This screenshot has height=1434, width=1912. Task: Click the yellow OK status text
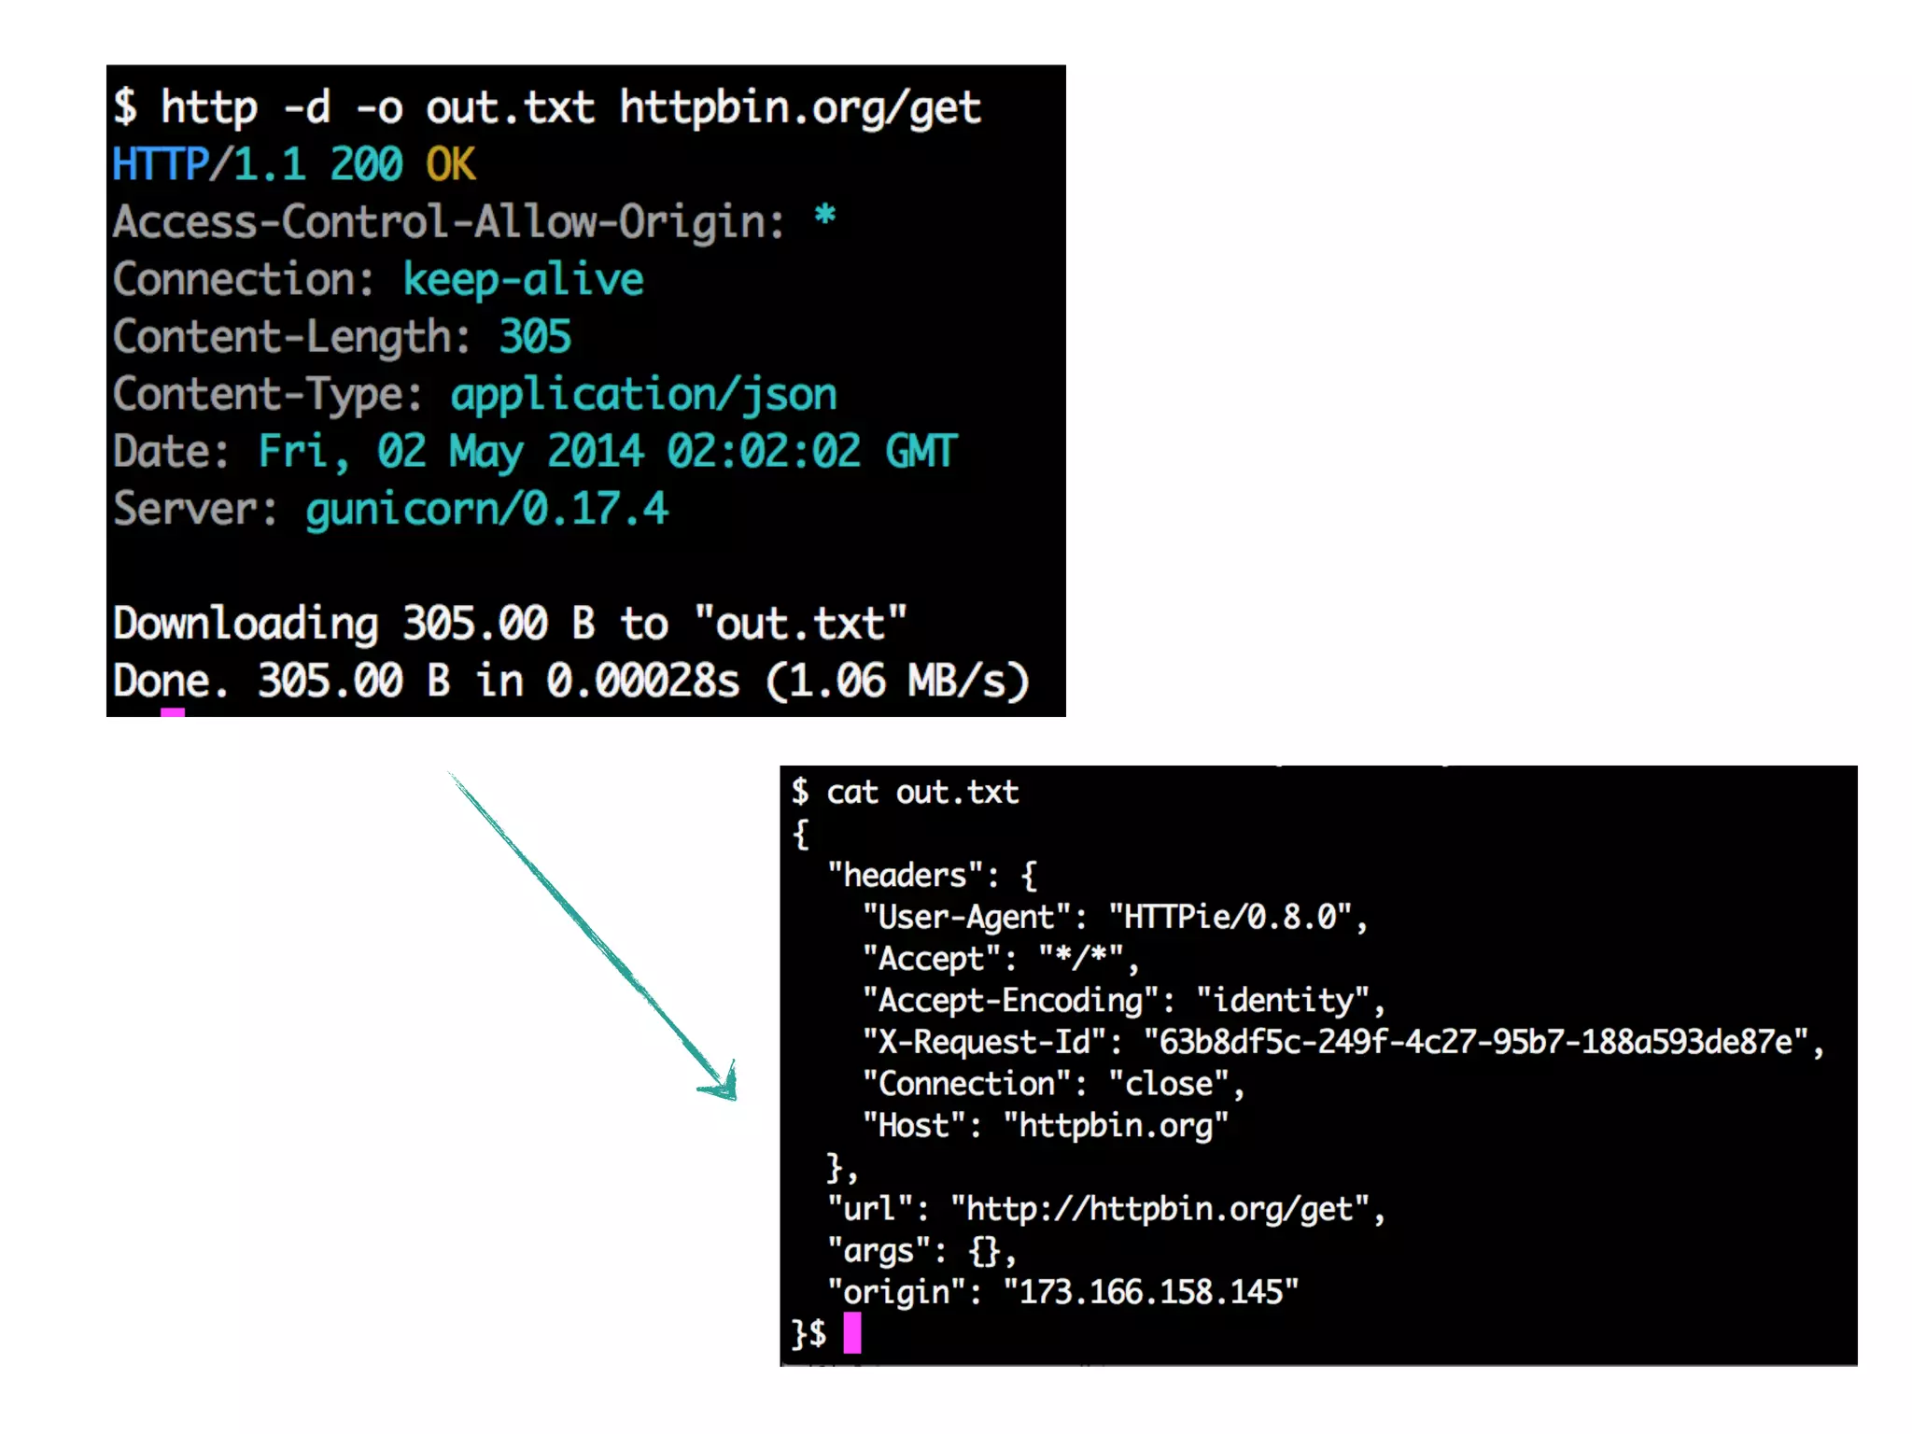point(451,165)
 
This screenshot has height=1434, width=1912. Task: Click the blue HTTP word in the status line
point(160,165)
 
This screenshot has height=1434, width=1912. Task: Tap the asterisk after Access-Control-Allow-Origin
point(824,217)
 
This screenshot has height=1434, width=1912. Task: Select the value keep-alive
point(523,280)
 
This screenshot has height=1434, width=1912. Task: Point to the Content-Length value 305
point(534,337)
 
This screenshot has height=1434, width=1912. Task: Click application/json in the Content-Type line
point(643,395)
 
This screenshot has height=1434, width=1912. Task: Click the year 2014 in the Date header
point(595,452)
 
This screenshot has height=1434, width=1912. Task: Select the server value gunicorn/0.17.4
point(486,510)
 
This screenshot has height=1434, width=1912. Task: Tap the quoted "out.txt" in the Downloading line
point(800,624)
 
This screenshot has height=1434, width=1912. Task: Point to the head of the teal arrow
point(724,1086)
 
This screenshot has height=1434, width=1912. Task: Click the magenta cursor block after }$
point(852,1332)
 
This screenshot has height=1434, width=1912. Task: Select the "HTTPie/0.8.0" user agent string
point(1230,917)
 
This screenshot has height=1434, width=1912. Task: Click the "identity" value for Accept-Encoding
point(1284,1001)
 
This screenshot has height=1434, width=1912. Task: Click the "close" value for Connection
point(1169,1084)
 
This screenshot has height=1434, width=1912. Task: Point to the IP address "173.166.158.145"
point(1151,1292)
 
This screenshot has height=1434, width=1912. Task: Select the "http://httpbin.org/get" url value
point(1160,1209)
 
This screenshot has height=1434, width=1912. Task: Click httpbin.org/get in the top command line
point(800,108)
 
